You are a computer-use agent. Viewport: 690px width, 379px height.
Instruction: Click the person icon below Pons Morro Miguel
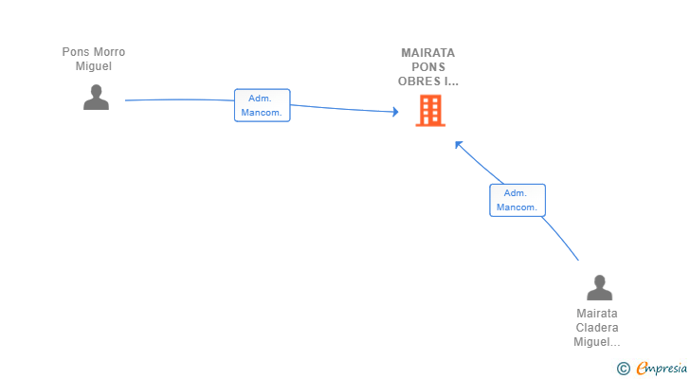(96, 98)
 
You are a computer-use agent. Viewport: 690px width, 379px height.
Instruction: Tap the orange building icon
(430, 111)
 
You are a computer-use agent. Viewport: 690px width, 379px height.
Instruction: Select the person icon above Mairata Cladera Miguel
(599, 287)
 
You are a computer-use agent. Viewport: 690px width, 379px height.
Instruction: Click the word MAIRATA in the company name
(427, 53)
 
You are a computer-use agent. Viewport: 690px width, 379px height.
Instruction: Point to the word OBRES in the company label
(419, 81)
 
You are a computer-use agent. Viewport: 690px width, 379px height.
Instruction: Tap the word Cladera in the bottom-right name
(597, 328)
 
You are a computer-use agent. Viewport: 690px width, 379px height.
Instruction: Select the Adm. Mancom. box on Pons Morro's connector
(263, 105)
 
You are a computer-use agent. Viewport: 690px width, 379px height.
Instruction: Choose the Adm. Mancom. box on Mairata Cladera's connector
(517, 200)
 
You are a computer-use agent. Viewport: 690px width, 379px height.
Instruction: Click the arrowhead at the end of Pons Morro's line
(395, 112)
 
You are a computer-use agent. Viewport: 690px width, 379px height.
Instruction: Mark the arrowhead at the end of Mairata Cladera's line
(459, 144)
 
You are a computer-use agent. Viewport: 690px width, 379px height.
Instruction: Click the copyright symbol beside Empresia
(623, 369)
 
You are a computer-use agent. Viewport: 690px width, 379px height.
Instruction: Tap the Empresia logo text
(662, 369)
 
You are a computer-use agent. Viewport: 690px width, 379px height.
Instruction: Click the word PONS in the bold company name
(428, 67)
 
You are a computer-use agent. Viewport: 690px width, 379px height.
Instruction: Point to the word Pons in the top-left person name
(76, 52)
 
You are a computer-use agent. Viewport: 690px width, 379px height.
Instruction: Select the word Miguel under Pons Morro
(93, 66)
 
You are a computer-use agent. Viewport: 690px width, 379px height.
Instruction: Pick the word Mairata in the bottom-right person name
(597, 314)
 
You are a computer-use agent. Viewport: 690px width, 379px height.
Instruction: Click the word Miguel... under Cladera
(597, 342)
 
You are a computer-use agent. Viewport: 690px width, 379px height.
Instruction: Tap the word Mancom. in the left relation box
(262, 113)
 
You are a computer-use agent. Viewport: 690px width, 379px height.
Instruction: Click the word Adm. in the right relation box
(516, 193)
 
